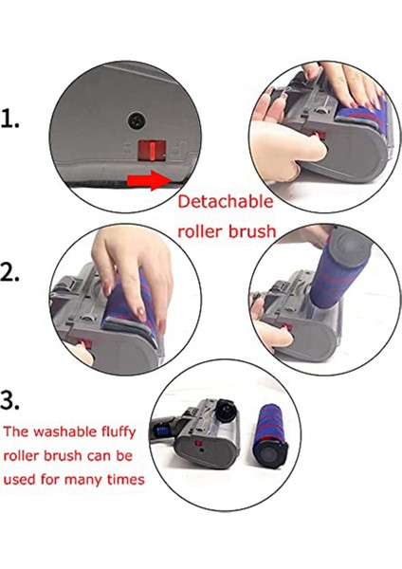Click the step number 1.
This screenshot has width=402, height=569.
(x=9, y=119)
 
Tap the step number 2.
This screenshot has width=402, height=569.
(x=9, y=272)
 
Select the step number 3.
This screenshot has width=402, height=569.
(x=9, y=400)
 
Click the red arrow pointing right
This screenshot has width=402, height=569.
(x=149, y=180)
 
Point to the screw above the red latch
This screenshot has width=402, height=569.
(x=137, y=119)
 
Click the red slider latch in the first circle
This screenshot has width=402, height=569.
(x=152, y=150)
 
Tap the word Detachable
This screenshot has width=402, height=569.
(x=226, y=201)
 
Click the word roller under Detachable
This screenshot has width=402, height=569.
(x=199, y=231)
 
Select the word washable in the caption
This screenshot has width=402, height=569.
(x=64, y=431)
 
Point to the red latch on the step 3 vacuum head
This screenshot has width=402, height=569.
(x=198, y=444)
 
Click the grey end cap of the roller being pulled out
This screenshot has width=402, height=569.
(x=348, y=248)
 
